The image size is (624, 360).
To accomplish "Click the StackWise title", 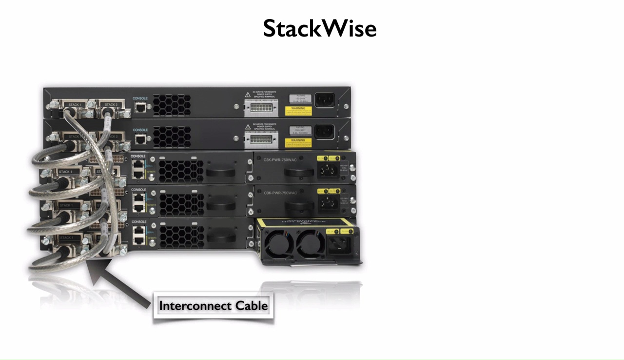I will point(320,29).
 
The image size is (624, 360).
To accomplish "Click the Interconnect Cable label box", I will point(214,306).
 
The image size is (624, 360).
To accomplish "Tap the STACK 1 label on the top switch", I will point(75,105).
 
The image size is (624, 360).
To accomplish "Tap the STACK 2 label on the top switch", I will point(111,105).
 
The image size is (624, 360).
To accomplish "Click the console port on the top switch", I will point(140,107).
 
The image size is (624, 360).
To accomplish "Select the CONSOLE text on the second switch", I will point(140,130).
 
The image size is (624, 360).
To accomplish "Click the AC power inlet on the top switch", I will point(324,100).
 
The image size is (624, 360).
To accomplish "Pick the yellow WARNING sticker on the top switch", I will point(298,111).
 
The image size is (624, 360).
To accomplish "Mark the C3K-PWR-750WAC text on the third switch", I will point(280,160).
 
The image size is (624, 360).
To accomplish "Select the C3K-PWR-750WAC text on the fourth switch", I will point(280,193).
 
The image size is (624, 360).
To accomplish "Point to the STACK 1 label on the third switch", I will point(65,172).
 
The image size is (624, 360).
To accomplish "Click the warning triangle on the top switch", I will point(248,94).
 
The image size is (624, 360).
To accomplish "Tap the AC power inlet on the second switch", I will point(324,132).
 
